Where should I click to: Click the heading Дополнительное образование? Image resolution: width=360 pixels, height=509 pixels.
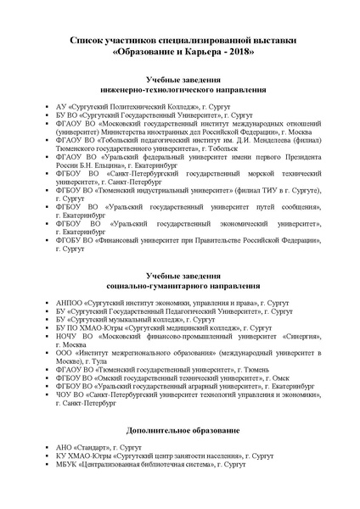180,430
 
